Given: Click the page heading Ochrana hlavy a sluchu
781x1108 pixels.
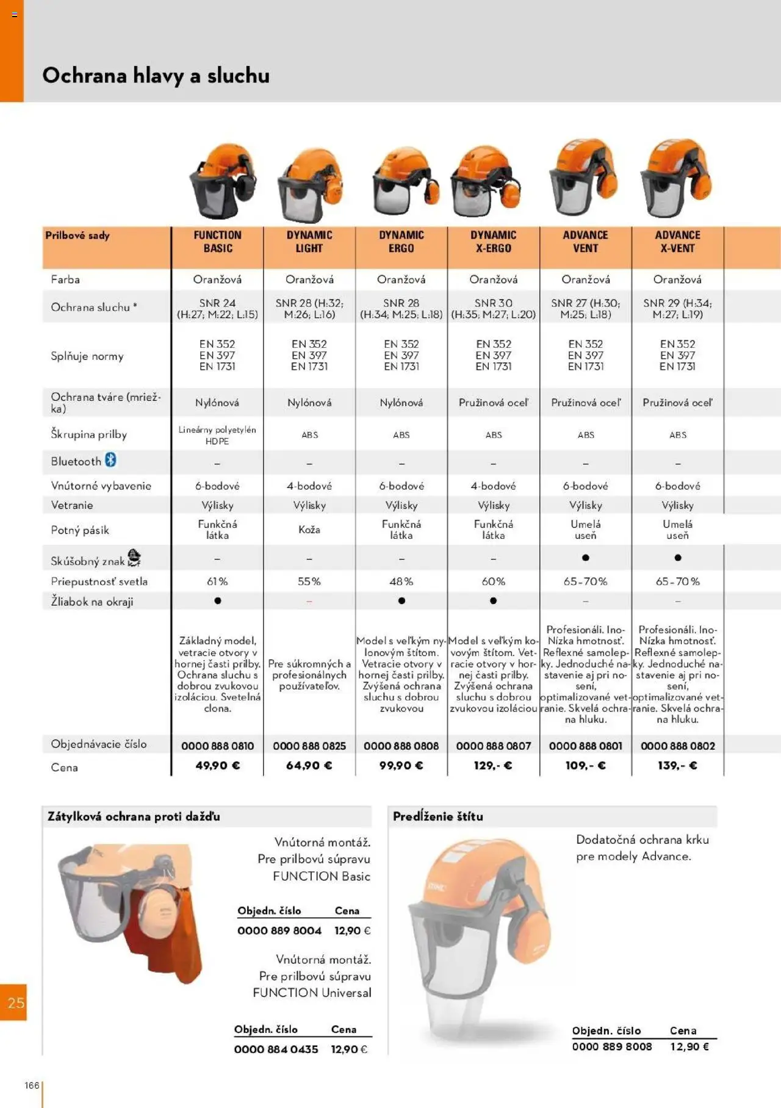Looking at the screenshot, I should (x=156, y=76).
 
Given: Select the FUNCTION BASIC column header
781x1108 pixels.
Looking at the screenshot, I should (x=217, y=242).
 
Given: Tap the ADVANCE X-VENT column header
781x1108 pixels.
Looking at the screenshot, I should (x=677, y=242).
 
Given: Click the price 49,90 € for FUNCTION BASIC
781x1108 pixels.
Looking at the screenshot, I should (x=217, y=765).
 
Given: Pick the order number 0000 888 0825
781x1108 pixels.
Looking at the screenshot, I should (x=309, y=746).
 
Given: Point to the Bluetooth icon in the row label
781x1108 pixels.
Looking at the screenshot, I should (x=110, y=460).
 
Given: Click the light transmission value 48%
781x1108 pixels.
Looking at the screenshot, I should (x=401, y=581).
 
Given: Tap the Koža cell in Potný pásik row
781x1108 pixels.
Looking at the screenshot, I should (x=309, y=530).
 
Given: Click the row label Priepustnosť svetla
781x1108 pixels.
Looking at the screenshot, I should (x=99, y=581).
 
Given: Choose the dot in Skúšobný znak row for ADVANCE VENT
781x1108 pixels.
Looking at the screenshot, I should (x=585, y=558).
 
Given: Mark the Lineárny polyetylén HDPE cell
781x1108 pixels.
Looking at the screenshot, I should (x=217, y=435).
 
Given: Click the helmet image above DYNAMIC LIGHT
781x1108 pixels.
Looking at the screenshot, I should (x=309, y=185).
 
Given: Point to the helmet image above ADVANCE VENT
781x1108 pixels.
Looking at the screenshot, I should (x=583, y=179).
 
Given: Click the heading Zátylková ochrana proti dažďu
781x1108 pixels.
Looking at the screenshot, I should (x=134, y=816).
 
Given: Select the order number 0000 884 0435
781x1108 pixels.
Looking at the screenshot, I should (x=276, y=1049).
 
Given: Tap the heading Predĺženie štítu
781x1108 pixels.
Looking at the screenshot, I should (x=437, y=816).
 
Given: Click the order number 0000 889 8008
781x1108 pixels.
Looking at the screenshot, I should (x=611, y=1046).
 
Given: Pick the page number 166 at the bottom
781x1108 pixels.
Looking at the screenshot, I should (x=32, y=1085).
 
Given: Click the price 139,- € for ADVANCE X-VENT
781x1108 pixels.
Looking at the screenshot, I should (x=677, y=765).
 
